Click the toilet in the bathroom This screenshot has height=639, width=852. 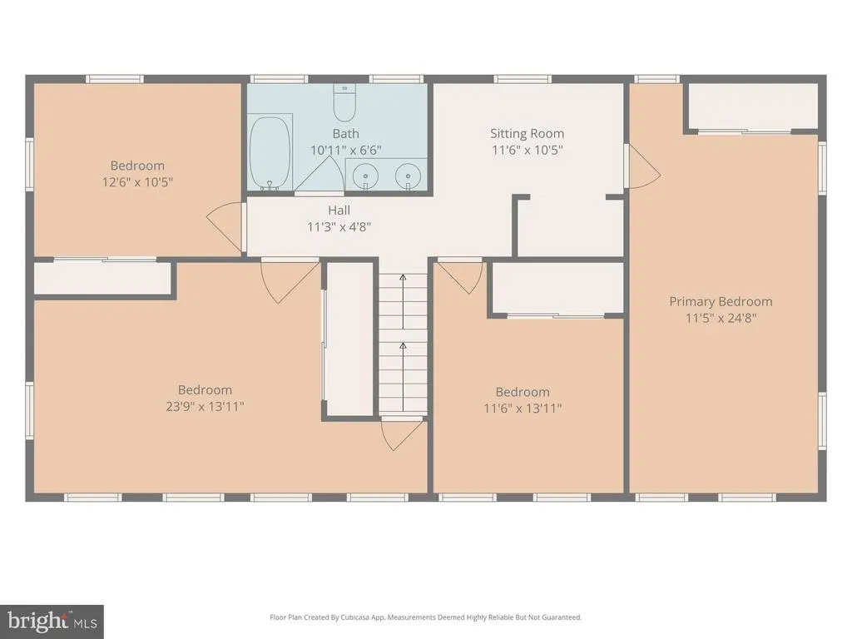(x=344, y=103)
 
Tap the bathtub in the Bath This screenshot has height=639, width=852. (x=270, y=152)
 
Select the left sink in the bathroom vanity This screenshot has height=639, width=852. (x=366, y=176)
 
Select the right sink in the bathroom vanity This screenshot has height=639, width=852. (x=408, y=176)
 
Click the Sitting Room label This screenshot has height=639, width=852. (x=527, y=133)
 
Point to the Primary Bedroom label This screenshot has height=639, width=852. (x=721, y=301)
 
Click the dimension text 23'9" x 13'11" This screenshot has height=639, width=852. (x=205, y=406)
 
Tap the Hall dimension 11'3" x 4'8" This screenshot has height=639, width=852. (x=339, y=226)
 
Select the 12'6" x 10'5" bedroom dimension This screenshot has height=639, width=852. (x=137, y=181)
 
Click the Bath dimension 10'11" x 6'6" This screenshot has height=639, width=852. (x=345, y=150)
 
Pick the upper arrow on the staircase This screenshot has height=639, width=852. (x=403, y=301)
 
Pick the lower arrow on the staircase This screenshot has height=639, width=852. (x=403, y=376)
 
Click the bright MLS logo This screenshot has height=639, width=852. (x=52, y=622)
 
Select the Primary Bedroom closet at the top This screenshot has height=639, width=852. (x=752, y=106)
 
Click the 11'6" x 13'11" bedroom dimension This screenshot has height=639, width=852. (x=523, y=408)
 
